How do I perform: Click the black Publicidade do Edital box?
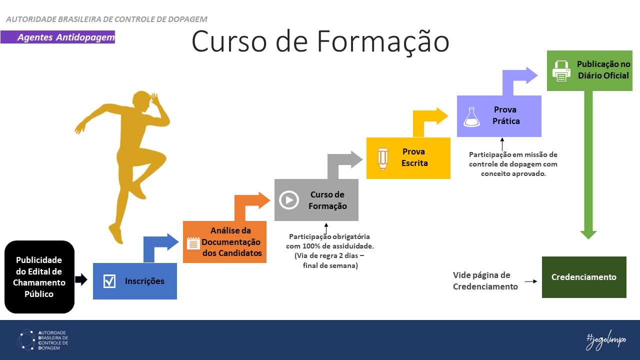tap(39, 277)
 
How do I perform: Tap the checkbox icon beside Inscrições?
tap(109, 281)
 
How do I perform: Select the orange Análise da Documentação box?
tap(224, 242)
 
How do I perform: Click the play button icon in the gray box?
tap(288, 199)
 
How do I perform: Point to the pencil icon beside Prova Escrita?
tap(383, 158)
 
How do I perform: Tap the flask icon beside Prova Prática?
tap(471, 116)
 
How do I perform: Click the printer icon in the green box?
tap(561, 71)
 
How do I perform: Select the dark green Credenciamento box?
tap(583, 277)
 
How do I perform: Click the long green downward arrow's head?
tap(588, 234)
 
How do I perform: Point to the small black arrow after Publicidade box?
tap(81, 280)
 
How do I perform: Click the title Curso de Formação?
tap(320, 41)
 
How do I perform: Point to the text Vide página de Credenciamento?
tap(481, 280)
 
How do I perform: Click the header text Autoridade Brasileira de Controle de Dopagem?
tap(106, 19)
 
